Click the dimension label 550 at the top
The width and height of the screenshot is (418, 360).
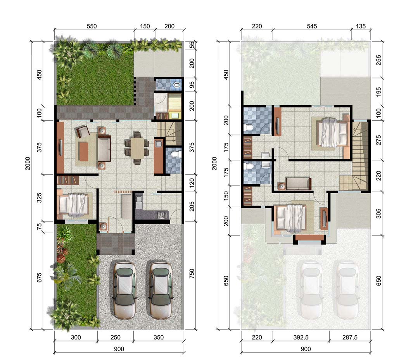(x=92, y=26)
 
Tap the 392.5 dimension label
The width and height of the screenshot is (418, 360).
(x=301, y=337)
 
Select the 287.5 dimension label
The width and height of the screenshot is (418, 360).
(x=350, y=337)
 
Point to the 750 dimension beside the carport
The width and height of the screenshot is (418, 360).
(x=192, y=273)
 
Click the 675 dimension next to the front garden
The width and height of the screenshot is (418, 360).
(x=39, y=278)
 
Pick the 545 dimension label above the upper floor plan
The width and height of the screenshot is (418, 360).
(x=312, y=26)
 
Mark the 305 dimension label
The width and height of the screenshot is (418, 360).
(x=378, y=213)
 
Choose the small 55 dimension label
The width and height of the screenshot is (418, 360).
(x=192, y=45)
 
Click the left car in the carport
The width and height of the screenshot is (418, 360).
(x=124, y=290)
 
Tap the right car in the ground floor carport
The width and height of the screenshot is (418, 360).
(x=161, y=290)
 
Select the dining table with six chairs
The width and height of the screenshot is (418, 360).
(x=137, y=148)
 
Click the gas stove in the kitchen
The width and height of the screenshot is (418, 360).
(x=162, y=215)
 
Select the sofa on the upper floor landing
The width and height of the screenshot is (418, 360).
(x=298, y=183)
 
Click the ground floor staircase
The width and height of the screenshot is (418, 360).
(x=169, y=133)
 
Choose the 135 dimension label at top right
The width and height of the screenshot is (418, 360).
(x=361, y=26)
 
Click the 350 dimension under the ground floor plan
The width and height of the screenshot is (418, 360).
(x=158, y=337)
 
